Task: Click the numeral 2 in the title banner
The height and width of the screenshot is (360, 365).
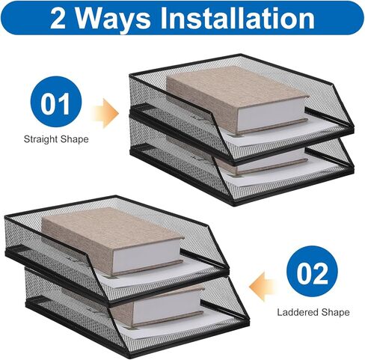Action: coord(58,18)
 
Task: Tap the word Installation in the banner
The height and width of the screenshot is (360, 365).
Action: coord(237,17)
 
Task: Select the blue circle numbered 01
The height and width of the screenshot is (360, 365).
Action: coord(56,102)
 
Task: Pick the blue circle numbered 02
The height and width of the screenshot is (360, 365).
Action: coord(312,271)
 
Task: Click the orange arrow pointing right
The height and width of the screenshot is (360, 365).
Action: coord(105,114)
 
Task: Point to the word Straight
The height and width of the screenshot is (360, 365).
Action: coord(41,139)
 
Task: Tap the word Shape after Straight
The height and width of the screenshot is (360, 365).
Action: coord(75,139)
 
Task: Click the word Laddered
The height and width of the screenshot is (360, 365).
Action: coord(297,312)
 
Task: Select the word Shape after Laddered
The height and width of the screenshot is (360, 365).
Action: coord(336,313)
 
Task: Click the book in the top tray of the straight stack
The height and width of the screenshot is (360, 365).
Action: coord(237,99)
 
